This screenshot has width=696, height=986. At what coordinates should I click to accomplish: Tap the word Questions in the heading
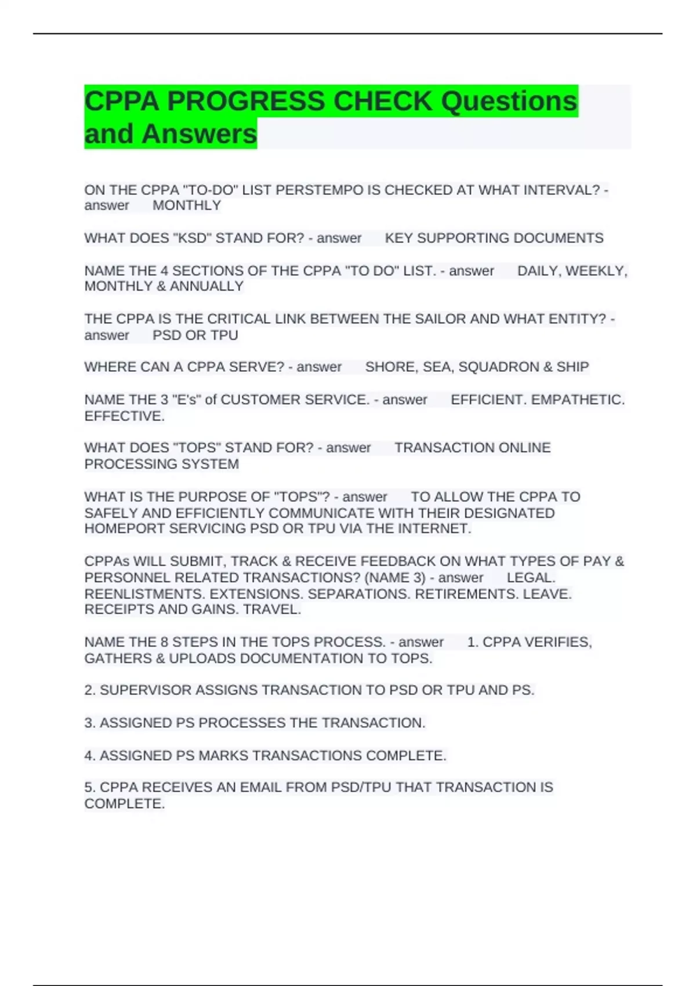pos(509,101)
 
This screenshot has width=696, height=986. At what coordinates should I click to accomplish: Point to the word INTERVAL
pos(561,190)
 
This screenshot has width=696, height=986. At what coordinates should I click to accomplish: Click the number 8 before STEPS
pos(164,643)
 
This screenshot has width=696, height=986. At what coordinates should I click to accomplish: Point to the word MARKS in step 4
pos(223,756)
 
